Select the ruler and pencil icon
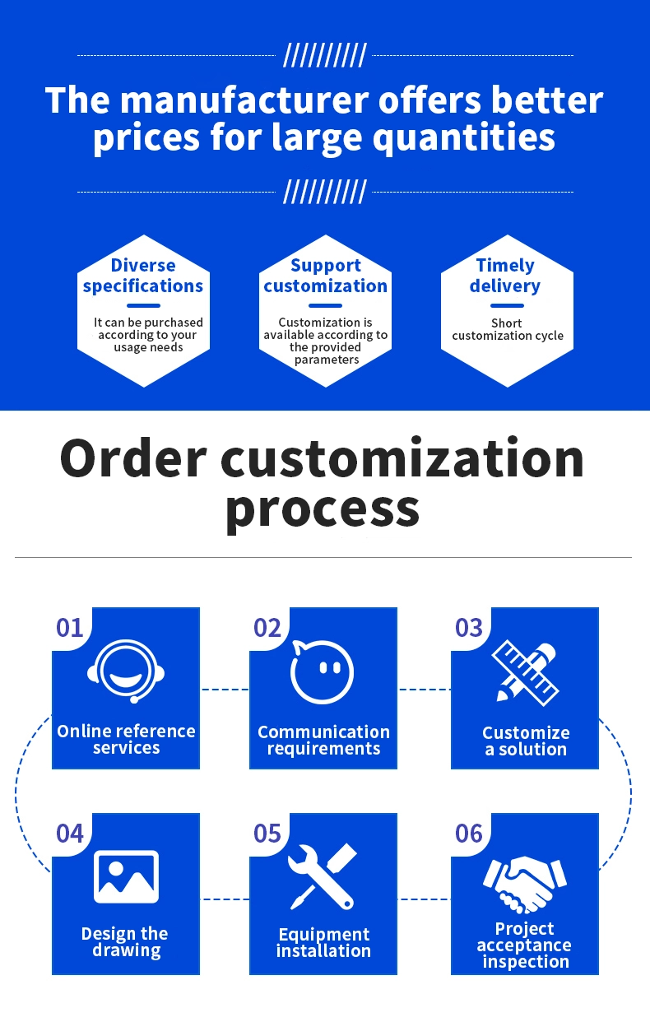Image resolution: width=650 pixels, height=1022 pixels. (x=525, y=671)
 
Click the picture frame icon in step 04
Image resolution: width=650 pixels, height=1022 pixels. (x=126, y=876)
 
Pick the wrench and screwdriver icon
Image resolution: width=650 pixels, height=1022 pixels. (x=323, y=876)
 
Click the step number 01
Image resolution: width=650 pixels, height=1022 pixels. (x=70, y=628)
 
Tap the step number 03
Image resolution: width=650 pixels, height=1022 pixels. (x=469, y=628)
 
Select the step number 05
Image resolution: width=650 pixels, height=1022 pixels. (x=267, y=834)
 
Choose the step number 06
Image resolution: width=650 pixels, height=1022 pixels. (x=469, y=834)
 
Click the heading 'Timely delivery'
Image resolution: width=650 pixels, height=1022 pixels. (x=505, y=276)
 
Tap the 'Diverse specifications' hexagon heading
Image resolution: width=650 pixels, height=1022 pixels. (x=143, y=276)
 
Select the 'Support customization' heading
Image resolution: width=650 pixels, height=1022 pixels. (x=326, y=276)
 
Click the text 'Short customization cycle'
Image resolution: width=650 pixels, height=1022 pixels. (x=508, y=329)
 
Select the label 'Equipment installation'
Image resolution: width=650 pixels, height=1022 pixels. (x=323, y=942)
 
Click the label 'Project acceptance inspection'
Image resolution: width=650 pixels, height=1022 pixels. (x=525, y=945)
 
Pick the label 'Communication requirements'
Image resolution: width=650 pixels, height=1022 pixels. (x=323, y=740)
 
